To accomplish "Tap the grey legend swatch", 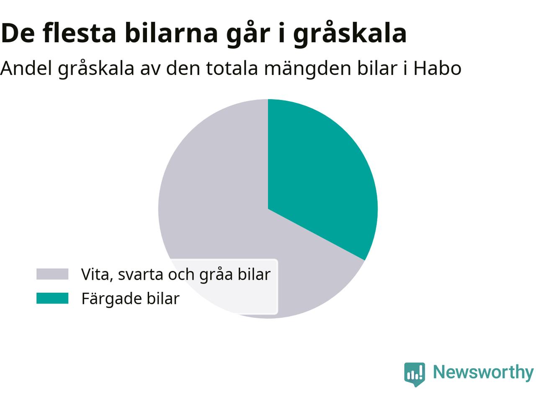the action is click(52, 274).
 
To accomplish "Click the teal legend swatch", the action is click(52, 298).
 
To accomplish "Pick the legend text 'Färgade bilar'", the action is click(130, 299).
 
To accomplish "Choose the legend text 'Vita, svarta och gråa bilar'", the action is click(176, 274).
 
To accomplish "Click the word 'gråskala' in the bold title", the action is click(350, 33).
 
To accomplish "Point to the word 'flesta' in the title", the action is click(79, 33).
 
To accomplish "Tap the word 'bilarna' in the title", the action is click(171, 33).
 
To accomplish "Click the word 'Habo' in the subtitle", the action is click(437, 68).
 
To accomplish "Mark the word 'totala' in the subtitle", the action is click(232, 69).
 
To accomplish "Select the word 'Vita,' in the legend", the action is click(97, 275).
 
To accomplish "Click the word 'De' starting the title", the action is click(17, 33).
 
